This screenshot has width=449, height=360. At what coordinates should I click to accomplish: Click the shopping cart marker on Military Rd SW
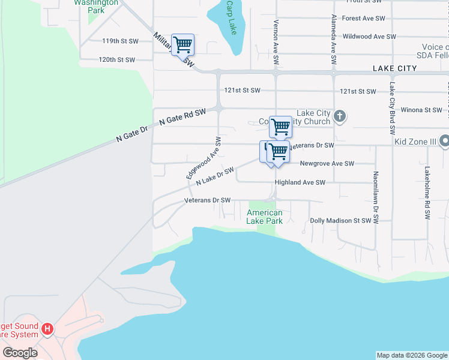182,44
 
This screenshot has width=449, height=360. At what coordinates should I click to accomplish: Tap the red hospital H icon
48,329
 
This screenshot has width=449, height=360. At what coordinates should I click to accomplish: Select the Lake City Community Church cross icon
339,116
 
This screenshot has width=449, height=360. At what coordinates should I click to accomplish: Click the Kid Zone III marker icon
444,142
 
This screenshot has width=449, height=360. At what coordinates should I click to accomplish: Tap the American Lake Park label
264,217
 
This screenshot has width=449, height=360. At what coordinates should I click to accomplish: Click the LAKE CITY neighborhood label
394,68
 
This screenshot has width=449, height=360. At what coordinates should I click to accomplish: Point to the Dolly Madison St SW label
340,221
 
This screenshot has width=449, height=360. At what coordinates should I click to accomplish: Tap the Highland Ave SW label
300,182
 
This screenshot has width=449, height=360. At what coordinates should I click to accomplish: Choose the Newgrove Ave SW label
327,163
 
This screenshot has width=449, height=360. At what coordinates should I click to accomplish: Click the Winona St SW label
421,110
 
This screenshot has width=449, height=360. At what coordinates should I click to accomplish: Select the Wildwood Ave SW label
369,37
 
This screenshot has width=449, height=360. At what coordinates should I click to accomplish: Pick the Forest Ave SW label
363,19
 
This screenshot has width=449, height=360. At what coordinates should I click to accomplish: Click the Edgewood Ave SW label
203,158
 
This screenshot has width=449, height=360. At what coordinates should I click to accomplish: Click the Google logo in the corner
20,353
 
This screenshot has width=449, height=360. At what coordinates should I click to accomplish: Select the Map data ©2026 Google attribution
412,355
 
